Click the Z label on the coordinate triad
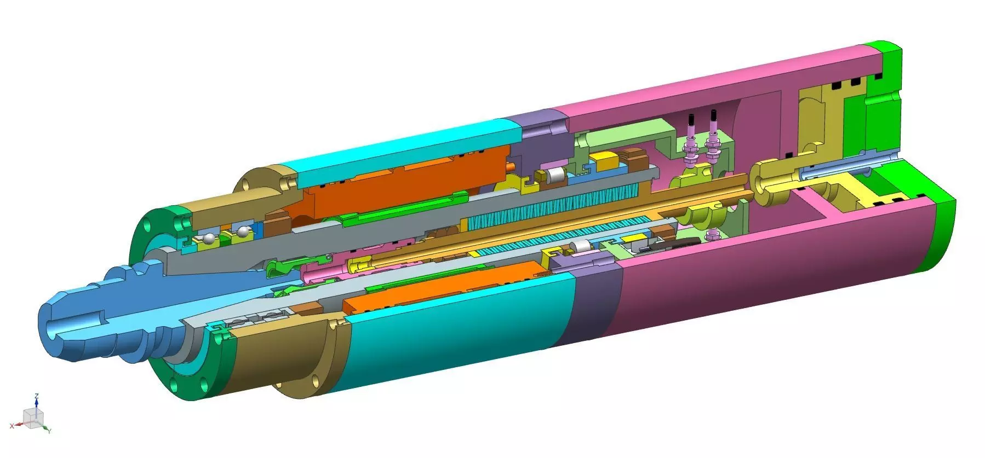click(36, 395)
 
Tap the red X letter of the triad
click(13, 425)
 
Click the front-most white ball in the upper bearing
click(209, 239)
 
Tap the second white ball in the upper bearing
click(240, 233)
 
